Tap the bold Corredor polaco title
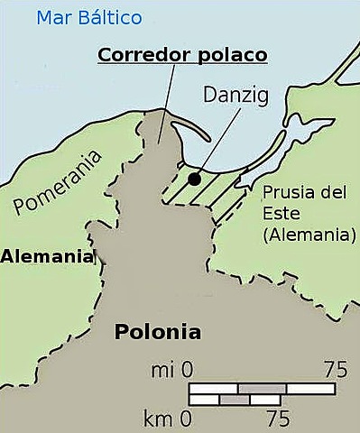(x=182, y=54)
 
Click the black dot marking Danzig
(x=194, y=179)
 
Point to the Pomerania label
(x=58, y=186)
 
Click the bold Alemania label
(x=47, y=256)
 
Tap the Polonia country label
(x=157, y=332)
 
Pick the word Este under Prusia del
(x=279, y=215)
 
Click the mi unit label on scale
(x=160, y=370)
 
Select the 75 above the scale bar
(x=336, y=370)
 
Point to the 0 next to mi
(x=187, y=370)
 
